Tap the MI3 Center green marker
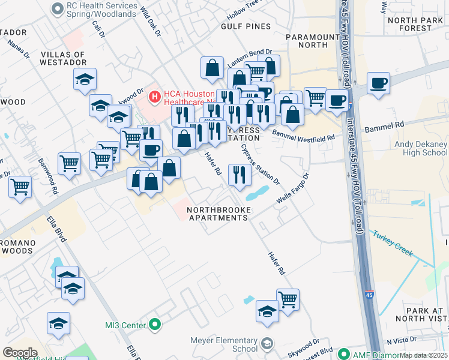click(155, 325)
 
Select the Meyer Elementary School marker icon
click(267, 344)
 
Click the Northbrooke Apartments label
click(218, 214)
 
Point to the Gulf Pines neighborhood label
click(246, 26)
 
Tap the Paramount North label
click(313, 41)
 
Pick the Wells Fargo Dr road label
click(292, 188)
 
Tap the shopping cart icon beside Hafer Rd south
click(288, 298)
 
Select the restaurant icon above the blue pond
click(240, 175)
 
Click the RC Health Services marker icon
click(58, 8)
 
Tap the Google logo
click(20, 353)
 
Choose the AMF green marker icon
click(344, 354)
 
